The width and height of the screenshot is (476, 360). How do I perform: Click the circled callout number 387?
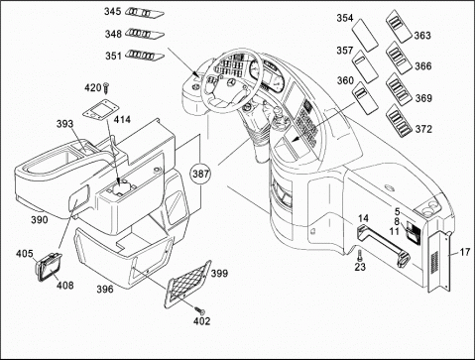[x=201, y=174]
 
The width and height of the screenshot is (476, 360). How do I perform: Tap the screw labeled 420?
[x=106, y=87]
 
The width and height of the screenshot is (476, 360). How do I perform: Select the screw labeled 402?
[x=199, y=310]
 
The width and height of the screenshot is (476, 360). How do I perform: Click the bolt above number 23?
[x=360, y=255]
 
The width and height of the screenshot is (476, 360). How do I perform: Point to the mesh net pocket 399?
[x=187, y=284]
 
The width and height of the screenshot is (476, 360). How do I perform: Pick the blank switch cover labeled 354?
[x=364, y=35]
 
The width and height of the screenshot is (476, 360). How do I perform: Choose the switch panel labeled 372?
[x=399, y=120]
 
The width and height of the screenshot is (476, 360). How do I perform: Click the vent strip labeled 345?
[x=145, y=13]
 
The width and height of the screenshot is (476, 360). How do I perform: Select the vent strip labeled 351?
[x=145, y=56]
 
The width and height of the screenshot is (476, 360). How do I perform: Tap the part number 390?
[x=40, y=219]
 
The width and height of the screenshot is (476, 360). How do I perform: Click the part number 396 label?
[x=105, y=290]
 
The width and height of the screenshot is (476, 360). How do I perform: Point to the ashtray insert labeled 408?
[x=48, y=267]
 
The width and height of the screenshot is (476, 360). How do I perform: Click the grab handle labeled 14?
[x=383, y=245]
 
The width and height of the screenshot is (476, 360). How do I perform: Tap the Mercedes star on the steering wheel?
[x=231, y=82]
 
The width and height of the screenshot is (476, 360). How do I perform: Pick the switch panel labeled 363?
[x=399, y=26]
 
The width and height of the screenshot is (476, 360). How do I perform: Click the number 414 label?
[x=122, y=119]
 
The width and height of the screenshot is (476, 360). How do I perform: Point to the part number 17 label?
[x=465, y=252]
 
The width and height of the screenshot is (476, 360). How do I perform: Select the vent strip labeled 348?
[x=145, y=34]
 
